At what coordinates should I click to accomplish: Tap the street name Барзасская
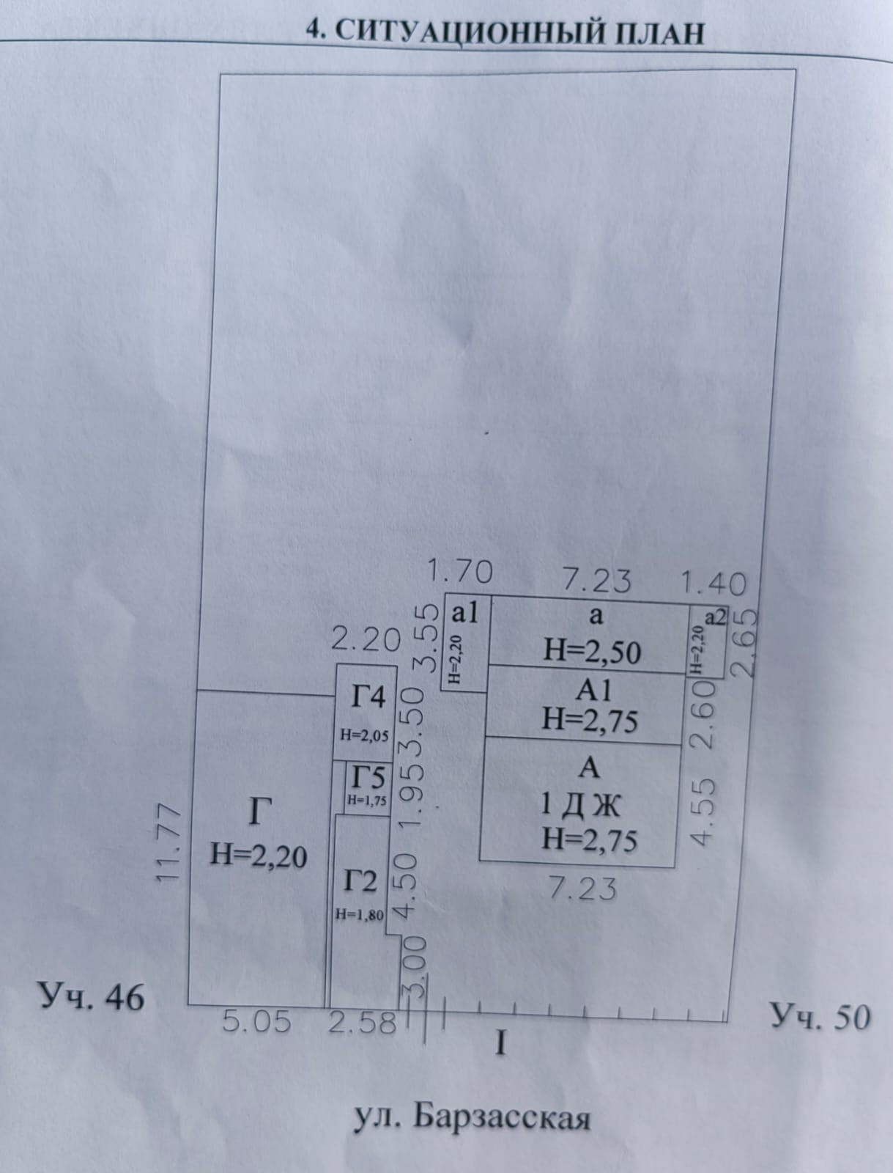tap(501, 1118)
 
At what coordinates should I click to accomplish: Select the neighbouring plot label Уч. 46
tap(92, 996)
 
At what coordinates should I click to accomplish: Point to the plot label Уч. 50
tap(820, 1017)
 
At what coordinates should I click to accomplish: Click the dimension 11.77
tap(169, 844)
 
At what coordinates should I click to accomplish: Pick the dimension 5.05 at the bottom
tap(256, 1021)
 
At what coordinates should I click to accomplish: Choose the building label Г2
tap(360, 880)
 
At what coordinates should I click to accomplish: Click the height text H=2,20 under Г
tap(258, 855)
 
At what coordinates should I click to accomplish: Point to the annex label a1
tap(464, 612)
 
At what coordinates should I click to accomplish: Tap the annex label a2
tap(714, 617)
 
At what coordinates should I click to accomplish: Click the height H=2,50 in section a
tap(592, 651)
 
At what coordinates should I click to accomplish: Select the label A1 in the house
tap(593, 691)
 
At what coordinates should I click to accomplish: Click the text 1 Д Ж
tap(580, 806)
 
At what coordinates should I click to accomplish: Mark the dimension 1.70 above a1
tap(459, 571)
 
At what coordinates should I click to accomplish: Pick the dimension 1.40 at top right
tap(714, 584)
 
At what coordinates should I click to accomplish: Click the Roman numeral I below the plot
tap(501, 1042)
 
